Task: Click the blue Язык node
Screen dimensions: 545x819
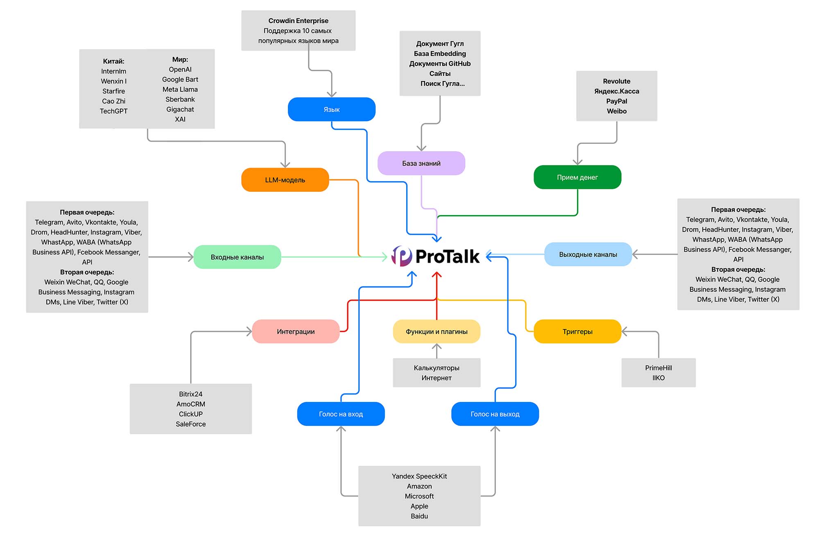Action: click(331, 109)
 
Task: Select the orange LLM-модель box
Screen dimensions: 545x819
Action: click(285, 180)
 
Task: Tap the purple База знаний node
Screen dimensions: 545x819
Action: click(421, 163)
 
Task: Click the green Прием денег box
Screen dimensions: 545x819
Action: click(577, 177)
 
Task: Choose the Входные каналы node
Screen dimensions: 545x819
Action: click(237, 257)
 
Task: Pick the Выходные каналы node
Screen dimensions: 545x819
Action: click(588, 254)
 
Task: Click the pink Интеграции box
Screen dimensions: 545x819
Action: click(296, 332)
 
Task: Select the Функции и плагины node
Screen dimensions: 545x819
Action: click(437, 332)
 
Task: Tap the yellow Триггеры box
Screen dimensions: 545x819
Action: click(577, 332)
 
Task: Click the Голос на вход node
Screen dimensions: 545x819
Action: click(341, 414)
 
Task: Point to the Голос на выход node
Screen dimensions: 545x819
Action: click(495, 414)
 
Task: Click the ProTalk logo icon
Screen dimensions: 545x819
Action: click(402, 256)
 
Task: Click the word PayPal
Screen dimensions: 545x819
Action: click(616, 101)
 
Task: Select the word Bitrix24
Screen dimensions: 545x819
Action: click(190, 394)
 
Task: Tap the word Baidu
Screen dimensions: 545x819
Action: click(419, 516)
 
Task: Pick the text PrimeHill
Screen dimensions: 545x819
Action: click(658, 368)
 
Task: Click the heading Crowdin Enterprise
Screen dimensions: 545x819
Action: click(298, 21)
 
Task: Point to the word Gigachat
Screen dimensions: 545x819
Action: click(180, 109)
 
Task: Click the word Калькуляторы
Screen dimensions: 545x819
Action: click(437, 368)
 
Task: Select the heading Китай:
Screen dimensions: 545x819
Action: click(113, 61)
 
